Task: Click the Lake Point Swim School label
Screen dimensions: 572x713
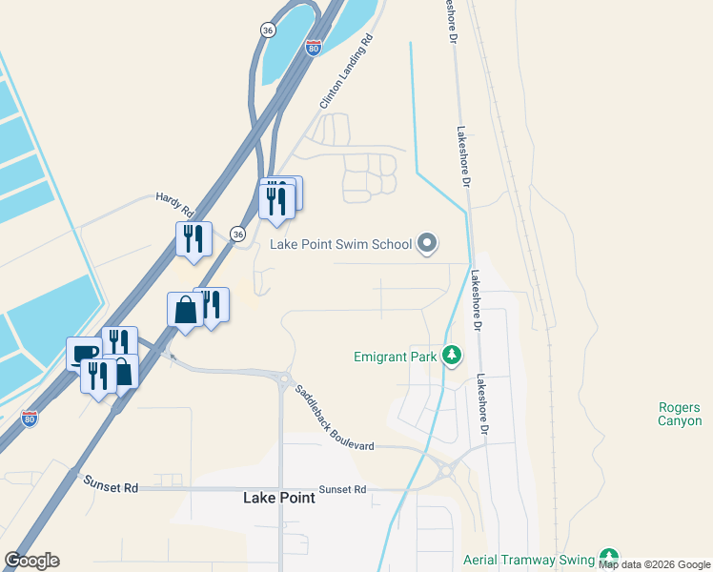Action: [340, 244]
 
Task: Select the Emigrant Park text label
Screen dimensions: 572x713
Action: [395, 357]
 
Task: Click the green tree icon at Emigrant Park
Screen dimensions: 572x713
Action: [452, 357]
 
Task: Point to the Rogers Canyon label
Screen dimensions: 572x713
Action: [680, 414]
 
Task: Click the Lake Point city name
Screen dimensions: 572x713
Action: [277, 498]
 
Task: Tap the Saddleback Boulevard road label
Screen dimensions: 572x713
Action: [334, 417]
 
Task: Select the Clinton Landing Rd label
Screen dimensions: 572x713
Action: [344, 72]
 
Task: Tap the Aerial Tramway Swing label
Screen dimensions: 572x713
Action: [527, 560]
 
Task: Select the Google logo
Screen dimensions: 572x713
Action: [31, 561]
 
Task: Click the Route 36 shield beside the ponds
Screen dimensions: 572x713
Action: [268, 31]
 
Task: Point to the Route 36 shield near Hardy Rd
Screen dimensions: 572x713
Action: [238, 234]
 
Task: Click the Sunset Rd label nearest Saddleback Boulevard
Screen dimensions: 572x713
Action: [342, 489]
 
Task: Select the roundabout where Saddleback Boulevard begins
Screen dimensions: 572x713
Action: [284, 378]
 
